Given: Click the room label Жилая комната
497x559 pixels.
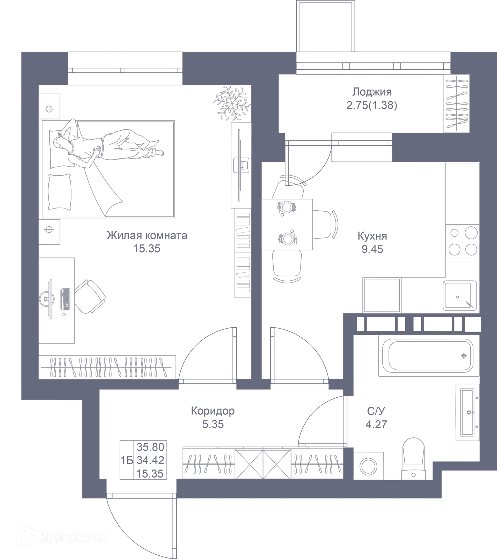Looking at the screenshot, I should tap(147, 235).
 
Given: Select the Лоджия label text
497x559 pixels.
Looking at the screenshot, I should tap(371, 92).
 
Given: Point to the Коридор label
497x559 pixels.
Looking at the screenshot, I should tap(213, 411).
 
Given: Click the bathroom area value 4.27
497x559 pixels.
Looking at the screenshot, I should tap(376, 424).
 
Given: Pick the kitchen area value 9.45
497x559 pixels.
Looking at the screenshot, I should tap(372, 249).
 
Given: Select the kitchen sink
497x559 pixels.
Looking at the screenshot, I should tap(459, 296).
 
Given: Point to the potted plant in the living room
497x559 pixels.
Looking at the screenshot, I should tap(231, 103).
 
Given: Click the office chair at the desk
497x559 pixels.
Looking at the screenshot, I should tap(90, 296).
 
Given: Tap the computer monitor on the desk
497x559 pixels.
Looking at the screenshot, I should tap(50, 299).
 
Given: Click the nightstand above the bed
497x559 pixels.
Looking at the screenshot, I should tap(49, 106).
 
